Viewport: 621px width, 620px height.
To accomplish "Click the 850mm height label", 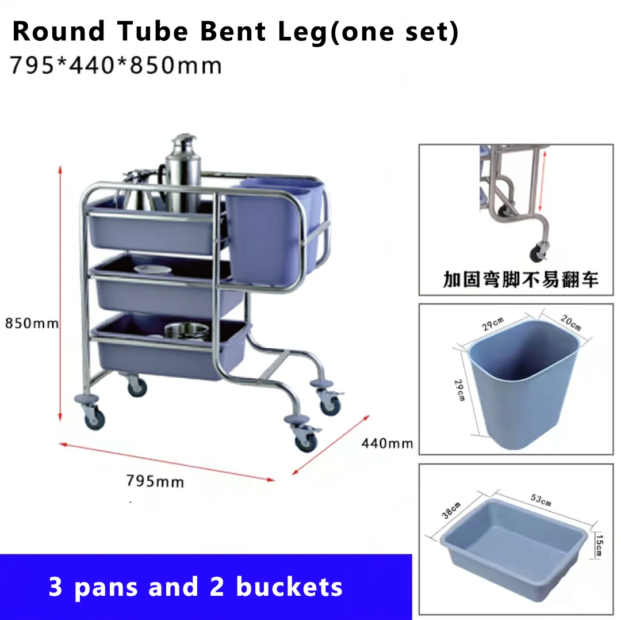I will click(x=32, y=323).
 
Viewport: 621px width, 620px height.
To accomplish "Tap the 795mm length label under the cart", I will click(x=155, y=480).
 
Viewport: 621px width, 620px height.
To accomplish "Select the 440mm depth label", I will click(x=387, y=443).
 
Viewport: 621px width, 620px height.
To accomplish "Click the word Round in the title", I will click(x=59, y=31).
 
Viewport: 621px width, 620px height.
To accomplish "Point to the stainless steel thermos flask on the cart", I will click(x=183, y=173).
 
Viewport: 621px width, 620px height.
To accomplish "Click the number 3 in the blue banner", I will click(x=56, y=587).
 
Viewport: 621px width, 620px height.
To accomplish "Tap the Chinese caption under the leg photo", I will click(x=521, y=280).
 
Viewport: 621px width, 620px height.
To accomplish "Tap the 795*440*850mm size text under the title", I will click(x=116, y=66).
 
